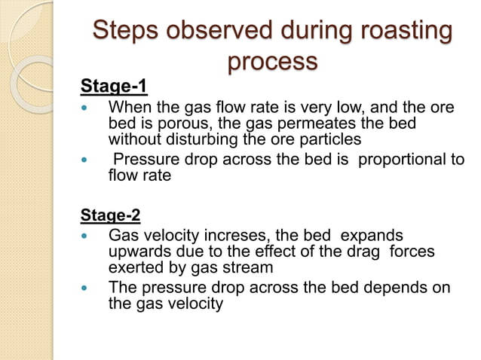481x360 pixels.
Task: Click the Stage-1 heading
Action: tap(114, 87)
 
